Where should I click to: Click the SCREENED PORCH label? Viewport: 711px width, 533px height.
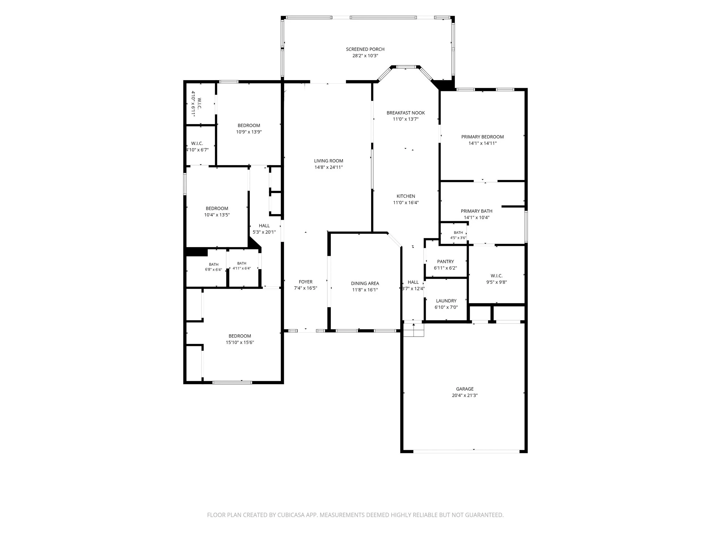coord(365,49)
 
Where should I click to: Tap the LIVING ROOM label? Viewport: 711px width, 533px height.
coord(328,161)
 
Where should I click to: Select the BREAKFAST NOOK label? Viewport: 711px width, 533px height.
coord(406,113)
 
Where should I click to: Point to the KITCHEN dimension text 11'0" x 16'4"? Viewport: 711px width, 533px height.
coord(406,203)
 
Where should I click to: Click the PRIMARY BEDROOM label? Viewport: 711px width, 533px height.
coord(482,137)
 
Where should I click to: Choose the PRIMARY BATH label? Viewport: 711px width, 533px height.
coord(477,211)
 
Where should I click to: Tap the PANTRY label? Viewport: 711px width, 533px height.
coord(445,262)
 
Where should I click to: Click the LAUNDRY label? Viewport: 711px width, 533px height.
coord(446,301)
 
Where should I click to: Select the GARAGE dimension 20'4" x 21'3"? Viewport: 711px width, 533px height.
coord(465,395)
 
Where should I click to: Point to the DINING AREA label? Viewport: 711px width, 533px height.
coord(365,283)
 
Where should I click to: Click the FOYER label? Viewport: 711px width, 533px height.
coord(306,282)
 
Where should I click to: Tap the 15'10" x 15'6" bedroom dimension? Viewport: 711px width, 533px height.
coord(240,343)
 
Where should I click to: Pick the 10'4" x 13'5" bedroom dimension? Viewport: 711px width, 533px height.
coord(217,215)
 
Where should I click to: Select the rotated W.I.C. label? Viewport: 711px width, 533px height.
coord(199,103)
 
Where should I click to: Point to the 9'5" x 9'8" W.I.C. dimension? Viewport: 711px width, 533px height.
coord(497,282)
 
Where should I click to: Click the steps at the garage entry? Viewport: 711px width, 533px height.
coord(414,330)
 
